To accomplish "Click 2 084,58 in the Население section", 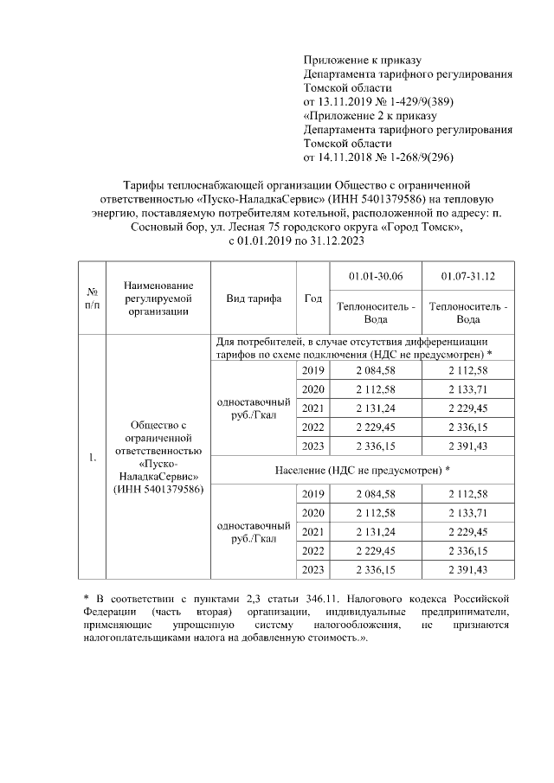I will coord(375,493).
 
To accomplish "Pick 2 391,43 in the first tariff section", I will coord(467,446).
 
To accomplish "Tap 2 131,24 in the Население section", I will coord(375,531).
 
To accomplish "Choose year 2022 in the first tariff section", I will coord(313,427).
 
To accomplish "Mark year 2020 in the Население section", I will coord(313,512).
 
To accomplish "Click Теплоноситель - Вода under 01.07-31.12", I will coord(467,312).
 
